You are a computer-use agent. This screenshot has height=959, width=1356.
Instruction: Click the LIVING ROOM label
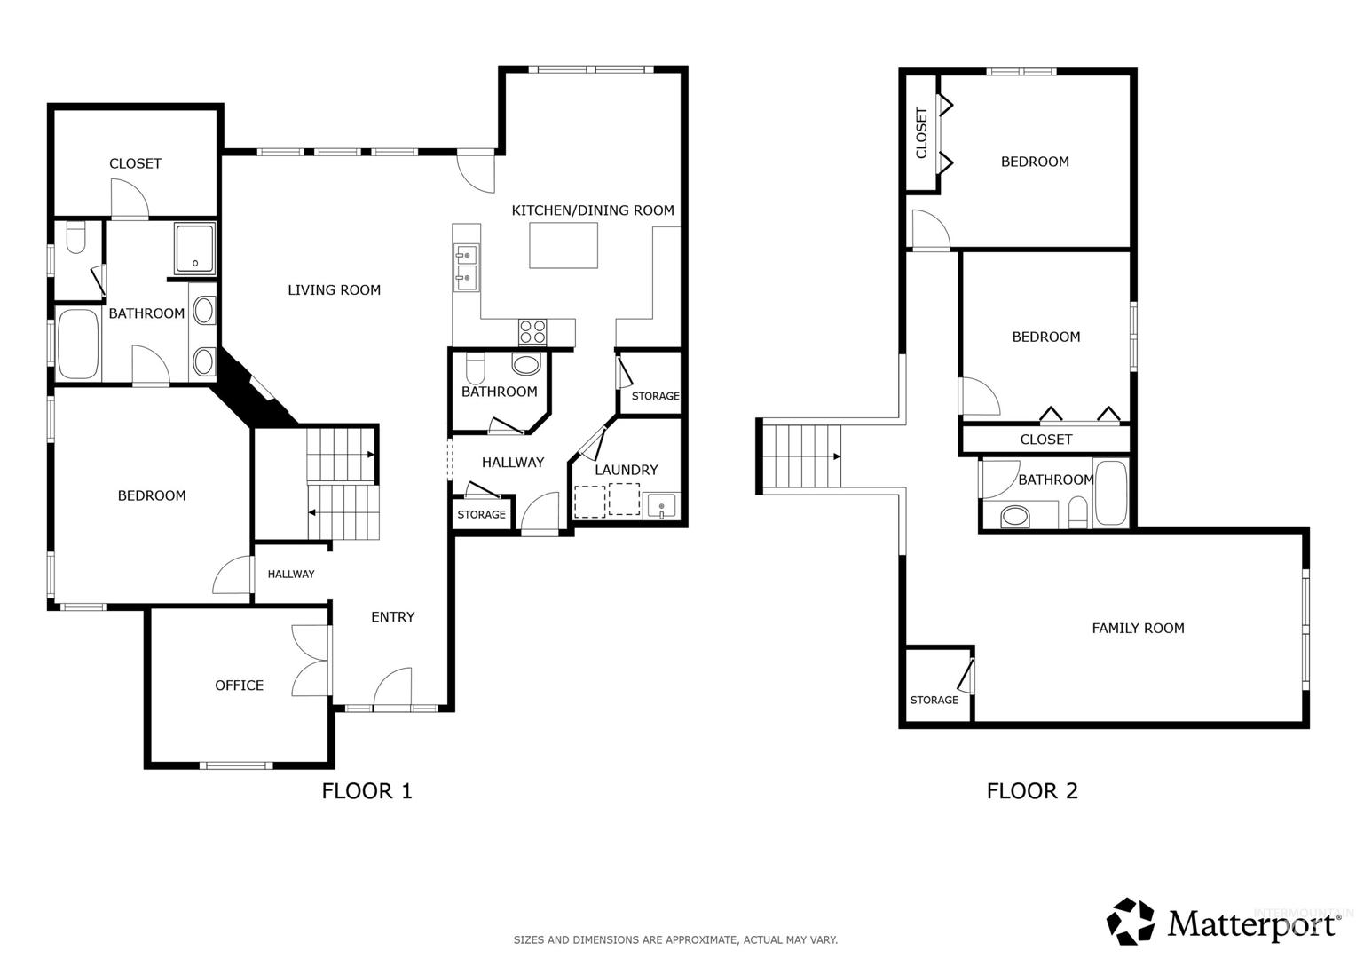(x=335, y=290)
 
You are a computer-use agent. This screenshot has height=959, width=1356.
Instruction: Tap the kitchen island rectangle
(x=564, y=245)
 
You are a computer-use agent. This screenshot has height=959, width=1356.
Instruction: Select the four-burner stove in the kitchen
(x=532, y=333)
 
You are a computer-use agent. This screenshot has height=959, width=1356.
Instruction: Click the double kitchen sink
(x=467, y=266)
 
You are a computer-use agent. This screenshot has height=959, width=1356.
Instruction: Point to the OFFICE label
(x=239, y=686)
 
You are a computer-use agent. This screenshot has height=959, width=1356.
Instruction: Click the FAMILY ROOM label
(x=1138, y=628)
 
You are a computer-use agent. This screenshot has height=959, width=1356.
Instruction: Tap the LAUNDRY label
(x=626, y=470)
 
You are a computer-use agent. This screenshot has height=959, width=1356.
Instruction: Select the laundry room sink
(x=662, y=506)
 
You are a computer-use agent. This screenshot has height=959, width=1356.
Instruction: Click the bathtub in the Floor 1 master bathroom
(x=77, y=345)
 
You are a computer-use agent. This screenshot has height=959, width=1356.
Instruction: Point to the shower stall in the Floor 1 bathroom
(x=195, y=249)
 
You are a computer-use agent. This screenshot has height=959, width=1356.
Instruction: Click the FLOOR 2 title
(x=1032, y=790)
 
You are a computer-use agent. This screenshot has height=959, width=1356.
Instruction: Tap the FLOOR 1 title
(x=367, y=790)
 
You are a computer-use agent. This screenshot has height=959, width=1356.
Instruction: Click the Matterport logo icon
(x=1131, y=922)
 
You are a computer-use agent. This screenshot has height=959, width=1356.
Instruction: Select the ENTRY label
(x=393, y=617)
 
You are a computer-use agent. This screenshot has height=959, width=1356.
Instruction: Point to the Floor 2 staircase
(x=801, y=456)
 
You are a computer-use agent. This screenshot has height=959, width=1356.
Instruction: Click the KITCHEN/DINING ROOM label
(x=593, y=210)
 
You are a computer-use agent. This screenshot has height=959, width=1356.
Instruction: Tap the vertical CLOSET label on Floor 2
(x=921, y=132)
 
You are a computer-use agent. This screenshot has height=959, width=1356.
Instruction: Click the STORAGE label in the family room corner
(x=934, y=700)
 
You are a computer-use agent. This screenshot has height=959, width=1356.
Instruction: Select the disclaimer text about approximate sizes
(x=675, y=939)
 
